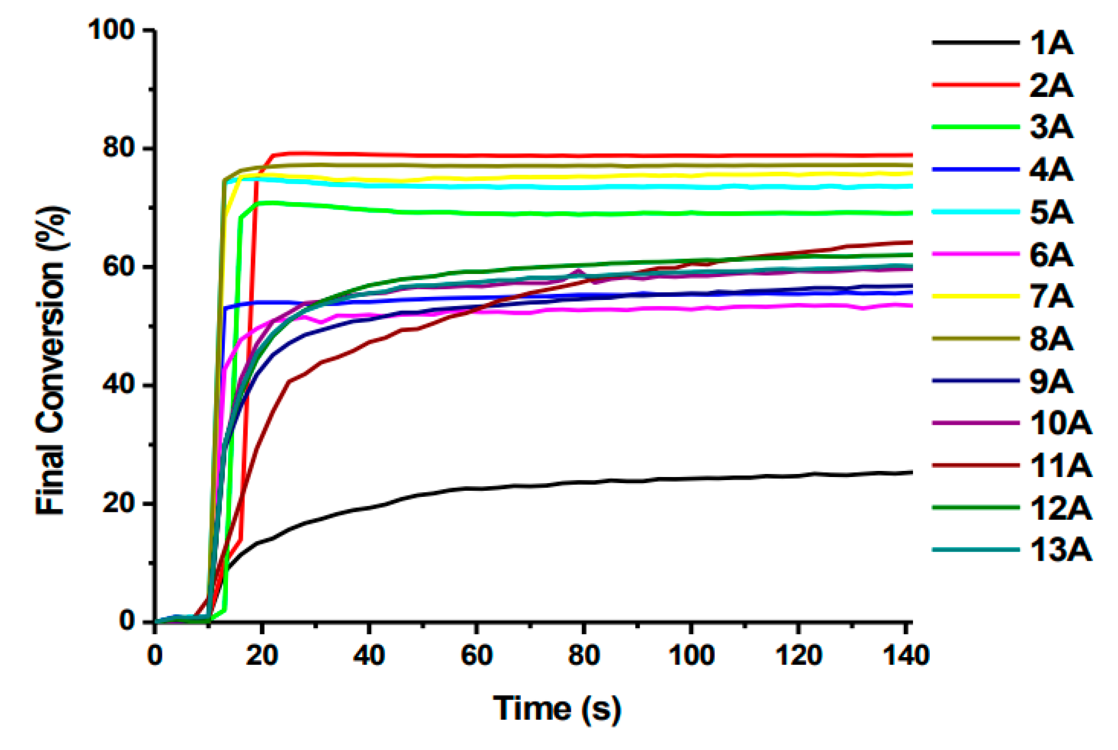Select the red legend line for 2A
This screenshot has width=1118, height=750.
[x=975, y=85]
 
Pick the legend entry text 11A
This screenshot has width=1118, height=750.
[x=1060, y=466]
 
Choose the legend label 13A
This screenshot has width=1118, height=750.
[x=1060, y=551]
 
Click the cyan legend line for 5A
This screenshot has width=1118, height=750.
[x=975, y=212]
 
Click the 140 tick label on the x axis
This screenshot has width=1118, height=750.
[x=906, y=655]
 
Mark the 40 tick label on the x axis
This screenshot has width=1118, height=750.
[x=369, y=655]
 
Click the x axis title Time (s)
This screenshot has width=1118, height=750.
[x=557, y=708]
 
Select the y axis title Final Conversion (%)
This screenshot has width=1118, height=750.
[x=51, y=360]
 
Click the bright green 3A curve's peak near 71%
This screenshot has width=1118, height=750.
[x=273, y=203]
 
